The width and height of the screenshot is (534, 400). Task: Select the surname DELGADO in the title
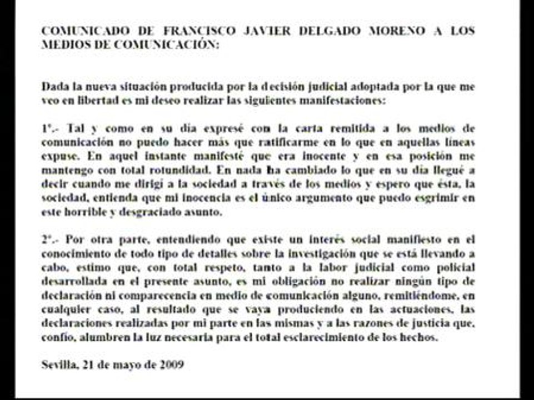[327, 32]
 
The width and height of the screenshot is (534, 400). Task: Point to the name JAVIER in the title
[260, 32]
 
